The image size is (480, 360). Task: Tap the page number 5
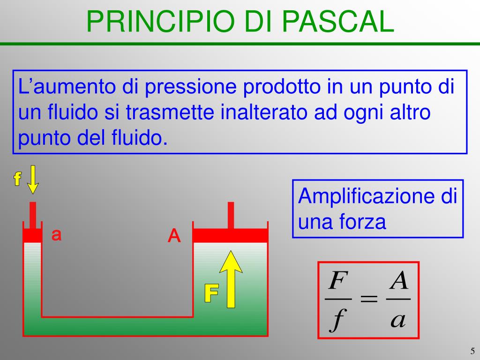472,351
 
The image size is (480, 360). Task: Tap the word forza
363,222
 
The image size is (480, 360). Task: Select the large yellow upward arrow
231,278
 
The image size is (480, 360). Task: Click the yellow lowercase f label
17,179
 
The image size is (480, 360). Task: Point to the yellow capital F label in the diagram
211,293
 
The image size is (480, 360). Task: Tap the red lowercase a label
56,235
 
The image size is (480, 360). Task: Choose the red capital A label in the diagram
174,236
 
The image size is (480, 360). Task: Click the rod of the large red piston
231,215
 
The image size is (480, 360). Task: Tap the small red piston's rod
32,215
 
